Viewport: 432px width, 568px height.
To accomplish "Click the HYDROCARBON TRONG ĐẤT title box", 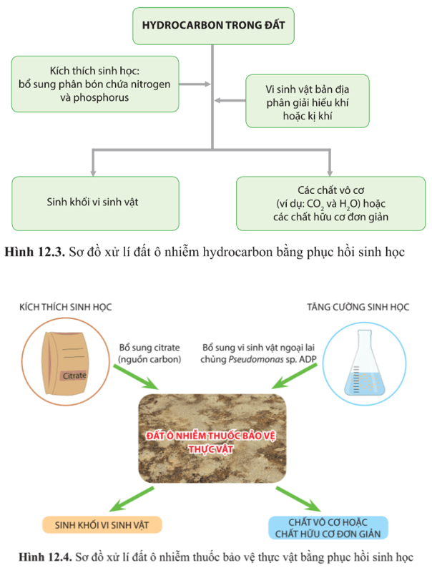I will coord(213,25).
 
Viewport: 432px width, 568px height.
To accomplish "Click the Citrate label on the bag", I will coord(74,375).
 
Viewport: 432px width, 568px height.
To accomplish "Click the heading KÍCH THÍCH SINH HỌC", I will coord(66,307).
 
